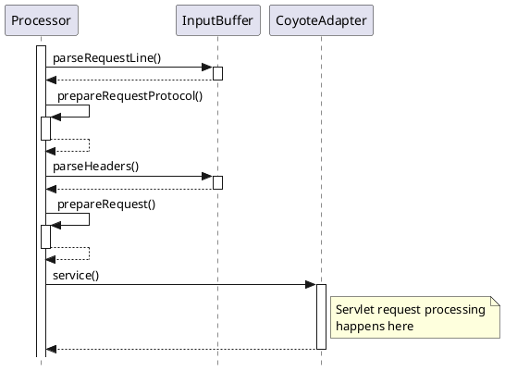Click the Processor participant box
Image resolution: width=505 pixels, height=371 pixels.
[x=41, y=20]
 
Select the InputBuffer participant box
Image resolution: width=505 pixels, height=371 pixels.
[x=217, y=20]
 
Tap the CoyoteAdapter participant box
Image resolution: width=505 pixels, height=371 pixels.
[x=321, y=20]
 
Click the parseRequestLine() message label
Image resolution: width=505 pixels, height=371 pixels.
[x=106, y=58]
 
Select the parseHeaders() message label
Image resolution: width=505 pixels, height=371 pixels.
[x=95, y=167]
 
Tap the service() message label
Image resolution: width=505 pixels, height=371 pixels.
[x=76, y=275]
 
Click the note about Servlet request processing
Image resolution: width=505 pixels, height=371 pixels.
[x=413, y=316]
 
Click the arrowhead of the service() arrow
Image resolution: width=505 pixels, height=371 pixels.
[x=311, y=284]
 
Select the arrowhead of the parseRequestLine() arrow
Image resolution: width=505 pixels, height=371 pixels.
[x=207, y=67]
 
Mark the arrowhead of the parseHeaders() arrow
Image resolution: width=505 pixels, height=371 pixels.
[x=207, y=176]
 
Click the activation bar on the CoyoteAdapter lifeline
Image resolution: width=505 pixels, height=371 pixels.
[x=321, y=316]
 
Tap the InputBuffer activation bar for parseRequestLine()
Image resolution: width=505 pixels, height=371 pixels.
[x=217, y=73]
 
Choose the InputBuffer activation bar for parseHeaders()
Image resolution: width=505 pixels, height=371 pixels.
[x=217, y=182]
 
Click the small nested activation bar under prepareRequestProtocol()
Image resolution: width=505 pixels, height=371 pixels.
[x=45, y=128]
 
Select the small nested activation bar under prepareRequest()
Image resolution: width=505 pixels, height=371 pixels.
[x=45, y=236]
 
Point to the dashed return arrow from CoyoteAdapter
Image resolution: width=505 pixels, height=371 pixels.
[x=185, y=349]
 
